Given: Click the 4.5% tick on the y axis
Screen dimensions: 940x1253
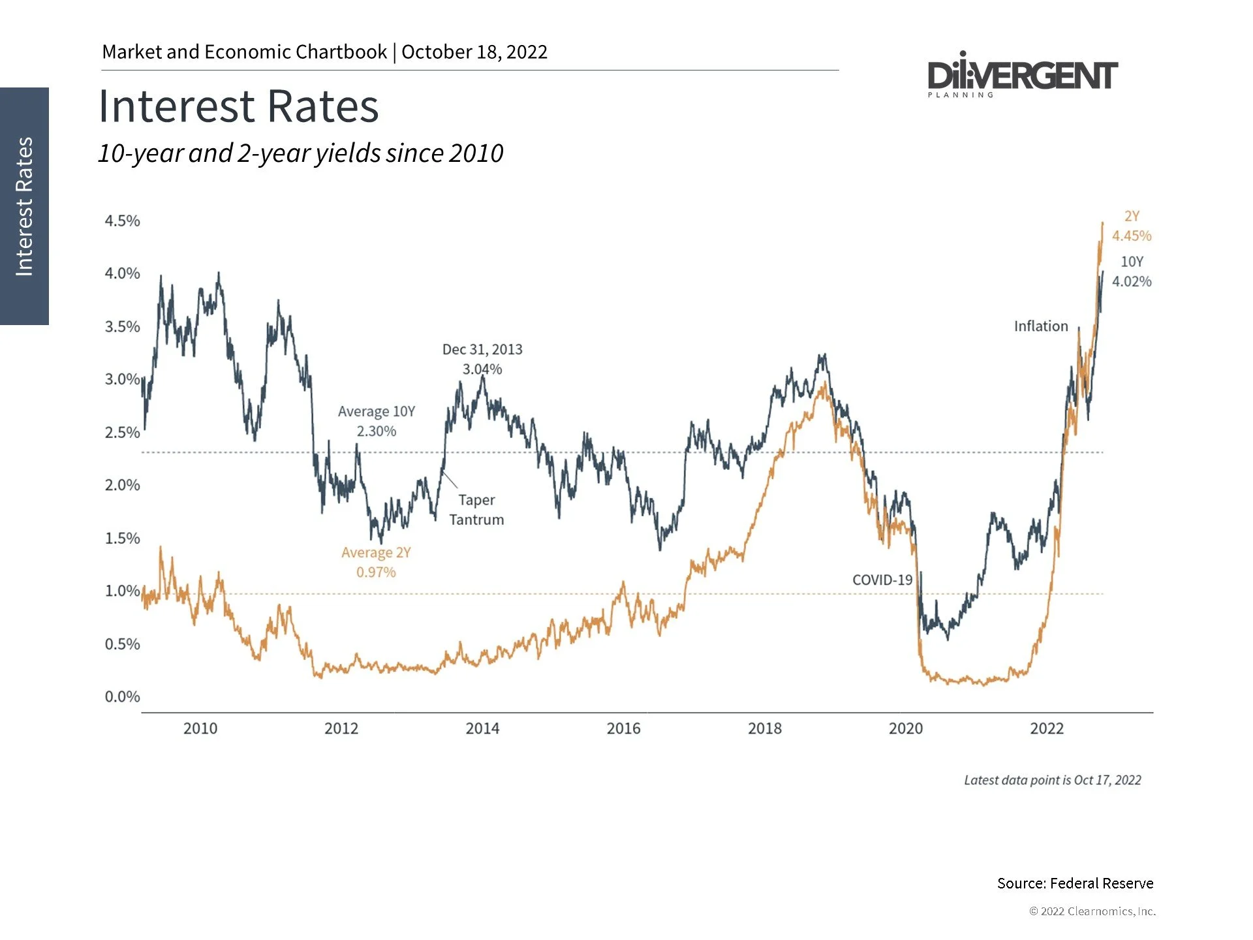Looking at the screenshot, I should [122, 221].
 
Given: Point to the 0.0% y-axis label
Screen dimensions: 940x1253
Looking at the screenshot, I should [122, 697].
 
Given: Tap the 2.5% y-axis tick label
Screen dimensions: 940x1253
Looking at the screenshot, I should [122, 432].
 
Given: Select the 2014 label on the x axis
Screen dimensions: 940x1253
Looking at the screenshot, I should [482, 728].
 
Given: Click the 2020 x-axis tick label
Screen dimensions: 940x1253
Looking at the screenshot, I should [906, 728].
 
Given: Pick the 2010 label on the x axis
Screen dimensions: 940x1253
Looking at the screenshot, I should [200, 728].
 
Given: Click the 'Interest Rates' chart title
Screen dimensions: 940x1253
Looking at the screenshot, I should [238, 106].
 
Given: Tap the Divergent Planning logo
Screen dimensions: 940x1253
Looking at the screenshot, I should [1022, 76].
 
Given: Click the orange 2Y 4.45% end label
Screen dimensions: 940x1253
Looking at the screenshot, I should [1132, 227].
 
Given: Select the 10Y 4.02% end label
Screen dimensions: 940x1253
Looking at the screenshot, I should [1132, 272].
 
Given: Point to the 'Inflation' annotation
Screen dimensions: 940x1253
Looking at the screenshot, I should [1041, 326].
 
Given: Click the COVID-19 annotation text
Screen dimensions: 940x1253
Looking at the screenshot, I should [882, 580].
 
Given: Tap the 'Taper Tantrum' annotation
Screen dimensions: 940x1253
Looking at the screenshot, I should [476, 510].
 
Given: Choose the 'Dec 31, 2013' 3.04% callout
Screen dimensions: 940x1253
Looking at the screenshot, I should [482, 359].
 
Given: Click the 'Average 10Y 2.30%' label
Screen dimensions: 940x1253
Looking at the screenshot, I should [377, 421].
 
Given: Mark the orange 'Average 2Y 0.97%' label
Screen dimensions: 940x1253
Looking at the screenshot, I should [376, 562].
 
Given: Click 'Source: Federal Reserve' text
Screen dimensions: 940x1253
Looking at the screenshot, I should [1075, 883].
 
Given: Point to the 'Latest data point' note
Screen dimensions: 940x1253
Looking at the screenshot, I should [1052, 780].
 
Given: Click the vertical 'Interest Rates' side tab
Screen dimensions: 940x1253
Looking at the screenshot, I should [24, 206].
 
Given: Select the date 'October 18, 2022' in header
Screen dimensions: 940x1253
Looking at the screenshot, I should [474, 52].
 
